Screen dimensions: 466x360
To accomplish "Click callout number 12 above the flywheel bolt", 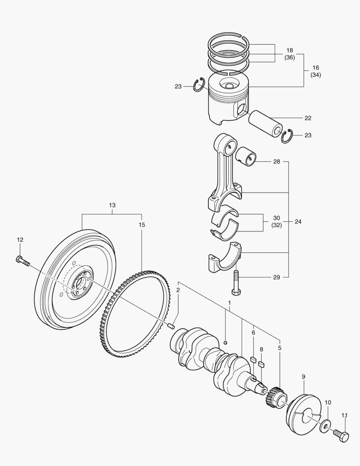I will [20, 239].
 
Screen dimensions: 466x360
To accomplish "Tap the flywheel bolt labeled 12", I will [22, 260].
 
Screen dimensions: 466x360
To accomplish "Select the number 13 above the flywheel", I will [112, 205].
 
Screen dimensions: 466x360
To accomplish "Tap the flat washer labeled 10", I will [324, 428].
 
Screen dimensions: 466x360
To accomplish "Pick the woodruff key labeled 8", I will [261, 364].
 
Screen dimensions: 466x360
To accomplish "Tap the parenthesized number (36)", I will [289, 57].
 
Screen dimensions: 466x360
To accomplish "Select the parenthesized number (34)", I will [316, 75].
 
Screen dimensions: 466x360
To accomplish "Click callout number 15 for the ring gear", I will [142, 225].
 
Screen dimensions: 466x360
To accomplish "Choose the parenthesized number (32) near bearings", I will [276, 225].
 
